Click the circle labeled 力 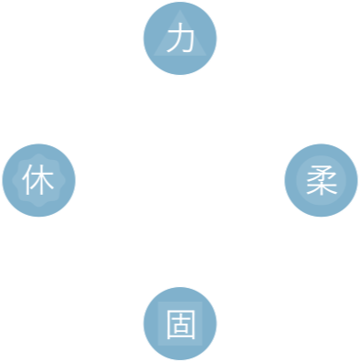pyautogui.click(x=180, y=38)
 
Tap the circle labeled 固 pyautogui.click(x=180, y=322)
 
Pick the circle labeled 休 pyautogui.click(x=38, y=180)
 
